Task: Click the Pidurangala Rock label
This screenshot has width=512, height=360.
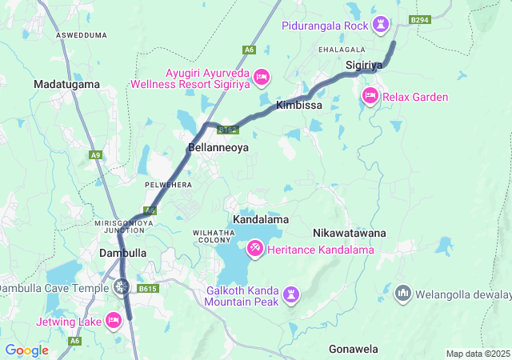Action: point(325,26)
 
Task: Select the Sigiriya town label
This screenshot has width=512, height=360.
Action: point(366,64)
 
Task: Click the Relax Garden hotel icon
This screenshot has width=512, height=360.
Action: point(370,97)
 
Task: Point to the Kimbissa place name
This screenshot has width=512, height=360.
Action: point(298,105)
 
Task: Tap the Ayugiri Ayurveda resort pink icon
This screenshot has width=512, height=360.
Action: point(262,77)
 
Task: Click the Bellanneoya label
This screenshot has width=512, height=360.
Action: point(218,148)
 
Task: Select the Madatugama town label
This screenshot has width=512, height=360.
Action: point(66,84)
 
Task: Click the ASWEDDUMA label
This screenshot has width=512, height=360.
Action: point(82,36)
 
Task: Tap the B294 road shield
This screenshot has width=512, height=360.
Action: point(419,18)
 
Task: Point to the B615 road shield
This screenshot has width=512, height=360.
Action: point(147,288)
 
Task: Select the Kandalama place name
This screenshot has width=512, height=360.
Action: point(261,218)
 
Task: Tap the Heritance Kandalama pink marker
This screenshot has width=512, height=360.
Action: point(254,250)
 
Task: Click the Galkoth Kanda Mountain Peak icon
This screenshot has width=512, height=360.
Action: point(291,296)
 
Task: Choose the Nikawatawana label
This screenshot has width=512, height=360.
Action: point(349,233)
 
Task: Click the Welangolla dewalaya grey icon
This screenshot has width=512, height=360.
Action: point(402,293)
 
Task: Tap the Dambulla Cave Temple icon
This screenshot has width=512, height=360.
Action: point(122,286)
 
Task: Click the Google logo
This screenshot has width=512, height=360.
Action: point(26,350)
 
